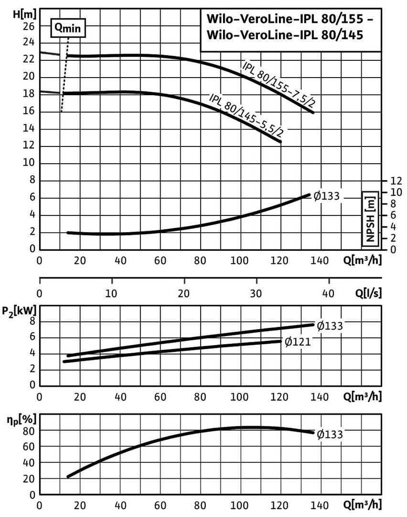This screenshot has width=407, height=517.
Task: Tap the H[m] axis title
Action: (21, 13)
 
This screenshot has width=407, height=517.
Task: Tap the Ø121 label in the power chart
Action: (298, 342)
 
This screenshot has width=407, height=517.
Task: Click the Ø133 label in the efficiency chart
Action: (330, 434)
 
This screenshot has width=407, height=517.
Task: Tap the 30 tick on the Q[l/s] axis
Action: (257, 292)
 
